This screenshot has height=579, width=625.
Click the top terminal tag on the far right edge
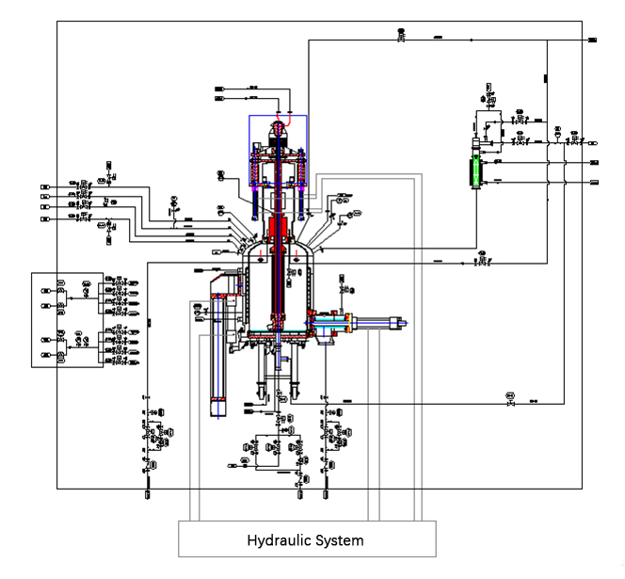[593, 40]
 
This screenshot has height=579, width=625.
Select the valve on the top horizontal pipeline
[402, 39]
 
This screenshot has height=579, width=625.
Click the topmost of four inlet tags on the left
[45, 183]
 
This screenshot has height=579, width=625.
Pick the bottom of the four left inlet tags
[45, 219]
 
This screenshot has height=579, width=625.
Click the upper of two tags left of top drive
[219, 88]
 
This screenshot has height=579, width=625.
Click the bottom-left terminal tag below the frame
[148, 492]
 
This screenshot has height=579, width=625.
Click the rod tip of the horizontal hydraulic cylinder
[405, 325]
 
